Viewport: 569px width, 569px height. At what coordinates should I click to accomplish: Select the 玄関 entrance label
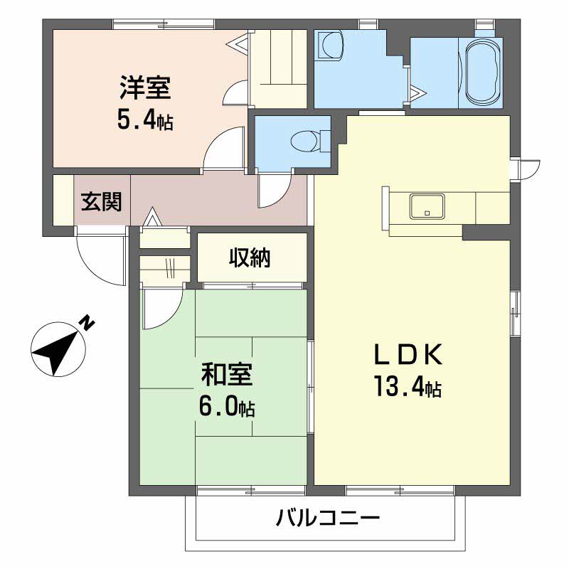pos(100,202)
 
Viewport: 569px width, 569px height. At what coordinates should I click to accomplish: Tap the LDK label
pos(409,354)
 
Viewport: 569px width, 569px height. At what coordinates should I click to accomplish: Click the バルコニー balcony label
pos(328,517)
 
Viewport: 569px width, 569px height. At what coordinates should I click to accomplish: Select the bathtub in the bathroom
pos(483,70)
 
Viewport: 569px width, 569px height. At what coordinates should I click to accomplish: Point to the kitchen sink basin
pos(427,206)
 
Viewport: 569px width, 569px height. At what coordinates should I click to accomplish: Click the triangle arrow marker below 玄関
pos(151,218)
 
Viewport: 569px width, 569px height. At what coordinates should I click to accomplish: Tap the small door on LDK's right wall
pos(526,169)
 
